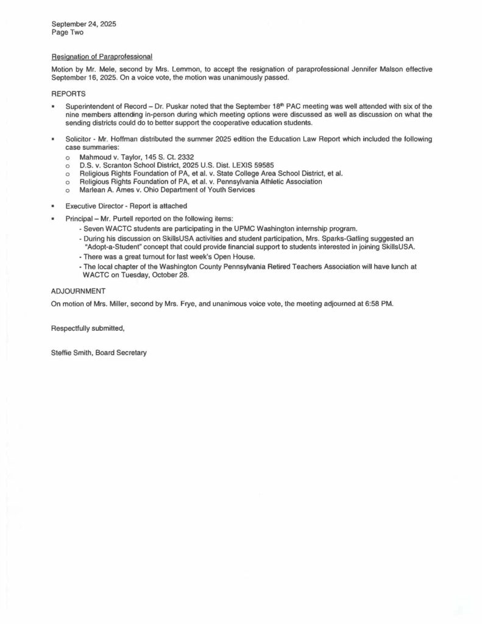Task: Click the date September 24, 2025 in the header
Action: pyautogui.click(x=83, y=24)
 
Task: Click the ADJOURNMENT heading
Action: pyautogui.click(x=79, y=291)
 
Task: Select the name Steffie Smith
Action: pyautogui.click(x=71, y=353)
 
